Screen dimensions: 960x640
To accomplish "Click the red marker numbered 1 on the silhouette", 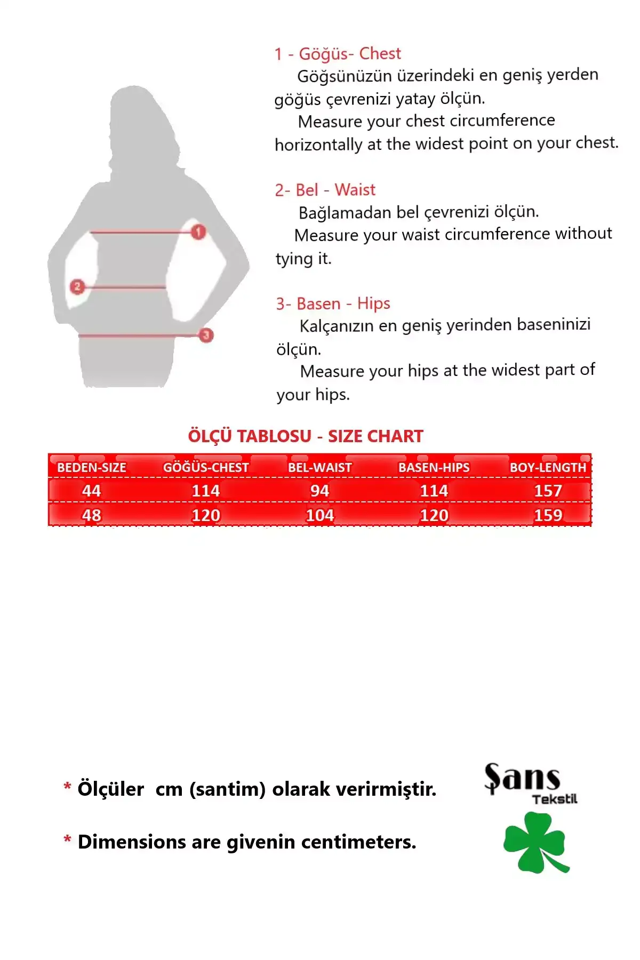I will pos(198,232).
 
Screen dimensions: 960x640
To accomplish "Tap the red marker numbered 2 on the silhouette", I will pos(77,287).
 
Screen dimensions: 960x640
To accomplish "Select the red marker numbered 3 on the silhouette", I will pos(206,335).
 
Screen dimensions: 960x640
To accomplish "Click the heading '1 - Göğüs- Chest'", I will pos(338,54).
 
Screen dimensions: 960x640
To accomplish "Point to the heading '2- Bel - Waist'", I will pos(325,190).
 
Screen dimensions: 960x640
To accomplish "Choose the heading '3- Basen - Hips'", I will pos(333,304).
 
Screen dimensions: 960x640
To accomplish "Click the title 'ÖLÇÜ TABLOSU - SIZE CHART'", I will pos(305,436).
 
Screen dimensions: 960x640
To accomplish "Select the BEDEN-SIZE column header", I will pos(92,468).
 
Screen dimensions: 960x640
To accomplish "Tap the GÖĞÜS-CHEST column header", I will pos(206,468).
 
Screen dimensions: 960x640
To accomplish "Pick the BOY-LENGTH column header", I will pos(548,468).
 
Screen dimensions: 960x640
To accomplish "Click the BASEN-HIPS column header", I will pos(434,468).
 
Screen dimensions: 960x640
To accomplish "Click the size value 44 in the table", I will pos(92,491).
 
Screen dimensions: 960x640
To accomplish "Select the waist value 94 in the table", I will pos(320,491).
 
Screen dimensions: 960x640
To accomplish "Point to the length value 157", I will pos(548,491).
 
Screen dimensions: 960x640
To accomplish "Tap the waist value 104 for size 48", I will pos(320,515).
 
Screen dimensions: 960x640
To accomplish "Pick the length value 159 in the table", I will pos(548,515).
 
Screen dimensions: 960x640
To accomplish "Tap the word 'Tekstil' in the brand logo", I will pos(555,799).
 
